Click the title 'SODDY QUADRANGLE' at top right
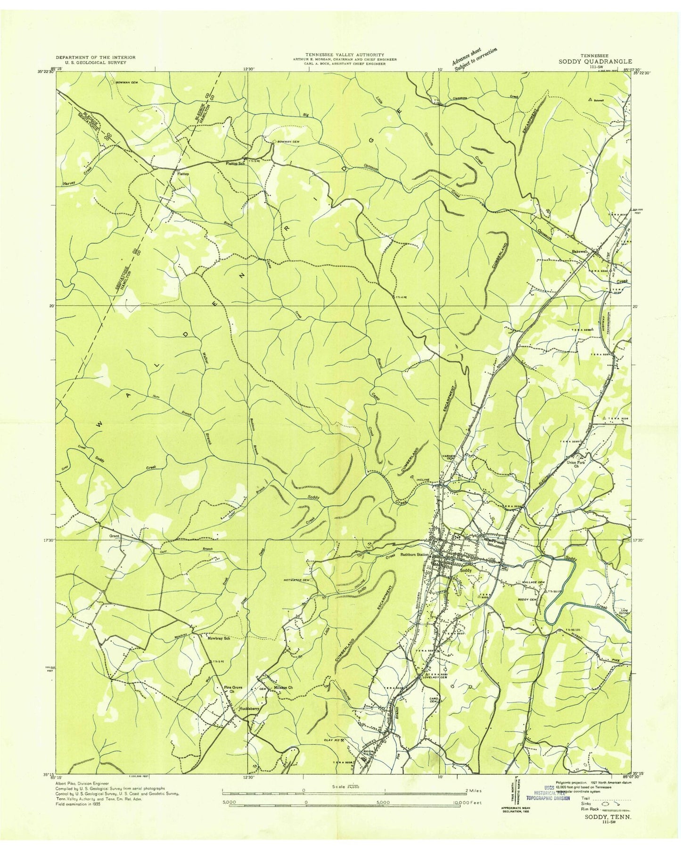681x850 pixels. [596, 61]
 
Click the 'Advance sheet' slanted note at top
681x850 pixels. [468, 56]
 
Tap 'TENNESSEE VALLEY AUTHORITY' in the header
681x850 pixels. [344, 55]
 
